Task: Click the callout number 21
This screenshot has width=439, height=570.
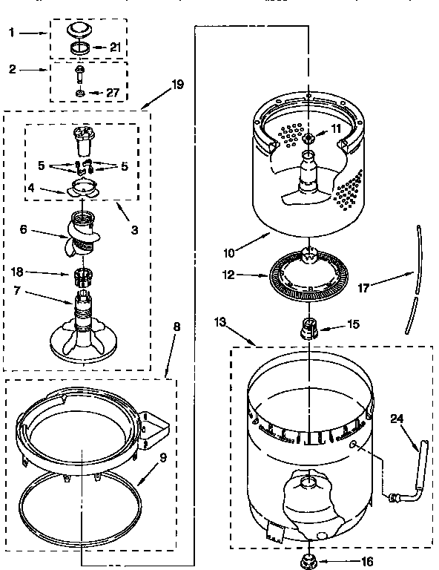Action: (x=115, y=47)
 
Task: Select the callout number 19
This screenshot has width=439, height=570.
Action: (x=176, y=85)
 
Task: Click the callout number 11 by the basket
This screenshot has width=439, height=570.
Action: (x=336, y=128)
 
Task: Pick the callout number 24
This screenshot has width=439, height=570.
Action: (x=396, y=417)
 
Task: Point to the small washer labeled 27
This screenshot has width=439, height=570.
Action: (x=79, y=94)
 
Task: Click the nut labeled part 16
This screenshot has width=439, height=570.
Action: (x=306, y=559)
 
